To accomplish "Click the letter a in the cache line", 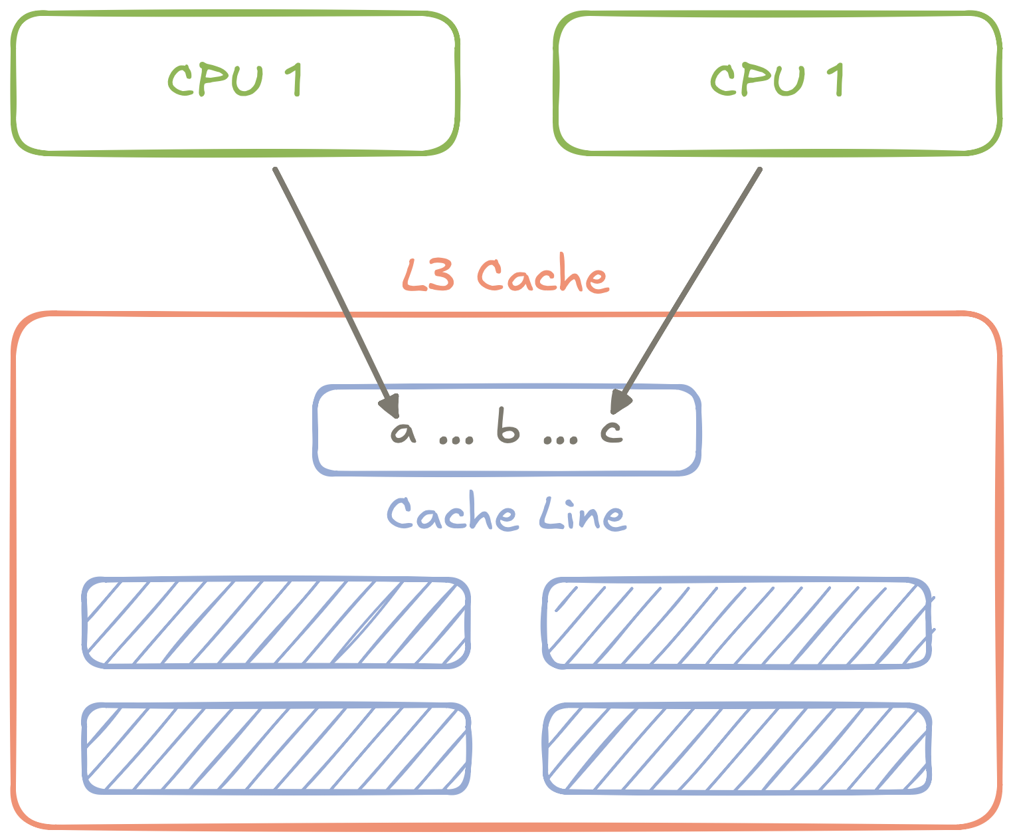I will pos(403,432).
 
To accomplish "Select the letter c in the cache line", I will pos(612,431).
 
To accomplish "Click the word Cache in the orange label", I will pos(542,275).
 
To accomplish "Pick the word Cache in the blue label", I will pos(452,514).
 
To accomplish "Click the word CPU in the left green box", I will pos(215,80).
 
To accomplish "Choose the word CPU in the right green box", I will pos(757,80).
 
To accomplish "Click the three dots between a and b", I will pos(457,439).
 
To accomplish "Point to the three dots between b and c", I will pos(561,439).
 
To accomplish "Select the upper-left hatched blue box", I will pos(276,623).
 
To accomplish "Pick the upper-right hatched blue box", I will pos(737,623).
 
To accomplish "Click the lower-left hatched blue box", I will pos(276,748).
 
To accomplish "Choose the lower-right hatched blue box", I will pos(737,748).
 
